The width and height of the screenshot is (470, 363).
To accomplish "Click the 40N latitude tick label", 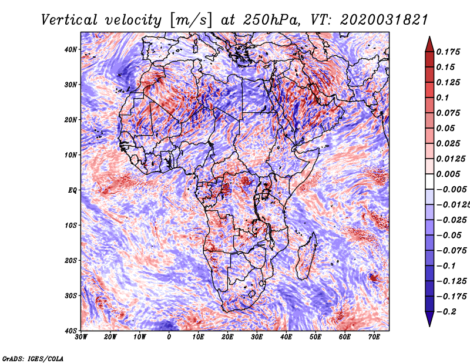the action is (70, 49).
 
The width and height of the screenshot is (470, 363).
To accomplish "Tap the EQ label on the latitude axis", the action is (72, 191).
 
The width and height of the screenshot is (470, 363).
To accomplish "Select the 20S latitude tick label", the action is (70, 260).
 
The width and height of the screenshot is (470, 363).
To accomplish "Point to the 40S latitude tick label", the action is (70, 331).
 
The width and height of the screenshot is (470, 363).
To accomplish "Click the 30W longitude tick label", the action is (81, 337).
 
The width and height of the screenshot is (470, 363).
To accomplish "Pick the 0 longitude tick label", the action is (169, 337).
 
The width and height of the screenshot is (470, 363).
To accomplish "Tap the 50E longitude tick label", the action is (315, 337).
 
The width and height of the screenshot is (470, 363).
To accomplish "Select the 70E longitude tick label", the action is (374, 337).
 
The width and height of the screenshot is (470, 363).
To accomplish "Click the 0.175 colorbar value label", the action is (448, 52).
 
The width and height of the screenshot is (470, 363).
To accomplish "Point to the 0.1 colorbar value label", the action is (443, 98).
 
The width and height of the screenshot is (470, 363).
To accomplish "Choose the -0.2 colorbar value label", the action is (446, 312).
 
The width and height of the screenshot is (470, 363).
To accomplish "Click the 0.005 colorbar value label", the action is (448, 174).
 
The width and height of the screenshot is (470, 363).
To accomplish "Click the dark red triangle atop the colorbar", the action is (429, 45).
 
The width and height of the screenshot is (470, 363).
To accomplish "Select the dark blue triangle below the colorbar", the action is (429, 318).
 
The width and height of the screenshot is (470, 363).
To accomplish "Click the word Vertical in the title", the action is (69, 21).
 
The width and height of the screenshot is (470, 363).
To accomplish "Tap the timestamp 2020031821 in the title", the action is (384, 21).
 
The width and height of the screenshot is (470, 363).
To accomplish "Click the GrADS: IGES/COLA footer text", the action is (33, 358).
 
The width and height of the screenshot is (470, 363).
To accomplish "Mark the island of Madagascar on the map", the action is (307, 258).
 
